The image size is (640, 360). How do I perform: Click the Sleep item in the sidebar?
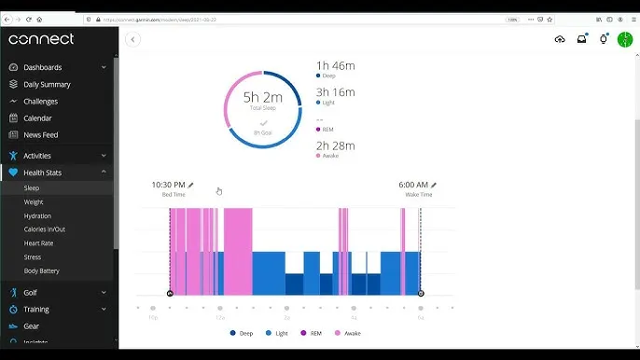click(x=32, y=188)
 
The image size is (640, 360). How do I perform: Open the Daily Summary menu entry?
click(x=47, y=84)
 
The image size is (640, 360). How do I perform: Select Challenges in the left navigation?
click(x=40, y=102)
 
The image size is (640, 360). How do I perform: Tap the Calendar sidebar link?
click(x=37, y=118)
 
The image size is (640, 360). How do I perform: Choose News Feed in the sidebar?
click(x=40, y=135)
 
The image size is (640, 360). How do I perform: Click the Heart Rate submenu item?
click(x=38, y=243)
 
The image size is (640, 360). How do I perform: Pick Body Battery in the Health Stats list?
click(x=41, y=271)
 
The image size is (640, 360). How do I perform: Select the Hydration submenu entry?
click(x=37, y=215)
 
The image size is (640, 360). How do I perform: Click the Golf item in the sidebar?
click(x=32, y=292)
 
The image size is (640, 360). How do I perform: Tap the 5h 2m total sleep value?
click(x=262, y=97)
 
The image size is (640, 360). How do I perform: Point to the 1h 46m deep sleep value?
click(x=336, y=65)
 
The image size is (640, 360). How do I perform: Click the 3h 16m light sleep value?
click(x=336, y=91)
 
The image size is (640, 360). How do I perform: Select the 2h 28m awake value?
click(x=336, y=145)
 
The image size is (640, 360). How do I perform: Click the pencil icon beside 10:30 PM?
click(x=191, y=185)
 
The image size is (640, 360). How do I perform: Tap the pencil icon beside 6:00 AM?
click(x=434, y=185)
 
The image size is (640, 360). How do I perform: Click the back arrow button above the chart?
click(x=132, y=39)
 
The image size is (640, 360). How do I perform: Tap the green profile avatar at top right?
click(x=625, y=39)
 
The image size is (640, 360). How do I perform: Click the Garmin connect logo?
click(x=41, y=39)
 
